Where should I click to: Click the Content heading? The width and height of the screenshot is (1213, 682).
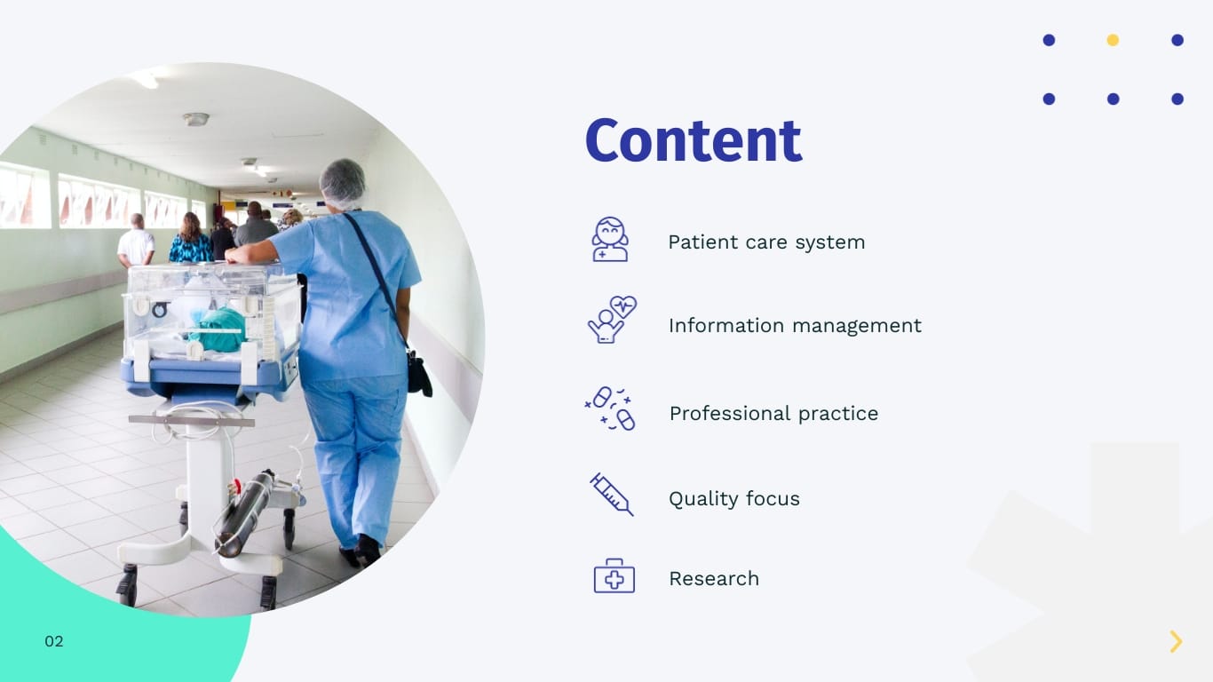coord(693,141)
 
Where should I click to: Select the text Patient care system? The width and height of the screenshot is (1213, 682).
coord(765,242)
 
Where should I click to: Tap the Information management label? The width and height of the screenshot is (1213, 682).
coord(794,326)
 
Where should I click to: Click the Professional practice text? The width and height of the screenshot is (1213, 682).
coord(773,414)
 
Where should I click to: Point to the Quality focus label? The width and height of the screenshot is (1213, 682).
coord(733,499)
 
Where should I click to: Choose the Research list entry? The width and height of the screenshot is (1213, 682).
coord(713,579)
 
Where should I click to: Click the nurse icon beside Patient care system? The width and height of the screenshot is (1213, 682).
coord(610,240)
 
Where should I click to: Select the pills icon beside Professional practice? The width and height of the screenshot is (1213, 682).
coord(611,408)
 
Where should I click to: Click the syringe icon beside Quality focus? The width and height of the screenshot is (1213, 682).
coord(612,494)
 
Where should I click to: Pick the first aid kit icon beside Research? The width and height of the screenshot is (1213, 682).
coord(614,576)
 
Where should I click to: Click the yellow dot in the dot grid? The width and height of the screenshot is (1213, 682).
coord(1113,40)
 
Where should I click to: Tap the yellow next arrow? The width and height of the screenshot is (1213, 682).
coord(1176,641)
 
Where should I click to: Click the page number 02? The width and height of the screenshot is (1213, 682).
coord(54,641)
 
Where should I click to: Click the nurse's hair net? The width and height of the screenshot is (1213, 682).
coord(343,181)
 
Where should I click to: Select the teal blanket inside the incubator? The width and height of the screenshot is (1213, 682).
coord(218,329)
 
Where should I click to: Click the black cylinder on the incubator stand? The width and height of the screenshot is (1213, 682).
coord(244,512)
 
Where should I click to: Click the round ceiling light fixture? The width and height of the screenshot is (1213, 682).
coord(196,119)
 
